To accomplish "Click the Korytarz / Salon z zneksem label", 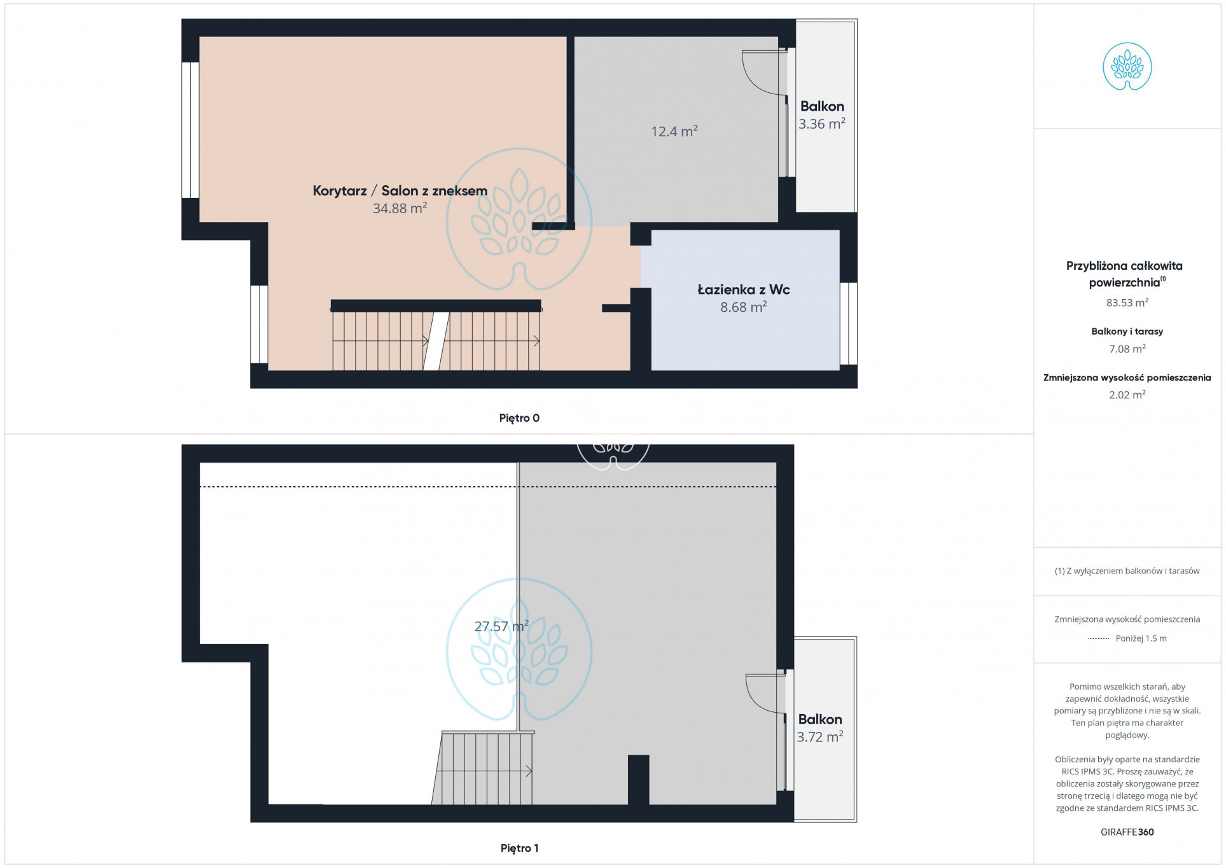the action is (x=400, y=191).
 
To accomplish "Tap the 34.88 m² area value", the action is (x=400, y=208).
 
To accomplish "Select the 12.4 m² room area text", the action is (x=674, y=131).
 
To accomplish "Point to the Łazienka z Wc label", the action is (x=744, y=290).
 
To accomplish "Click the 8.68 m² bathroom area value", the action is (x=744, y=307).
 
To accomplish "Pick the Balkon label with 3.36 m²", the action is (x=822, y=106).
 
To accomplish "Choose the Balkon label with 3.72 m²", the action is (x=820, y=719).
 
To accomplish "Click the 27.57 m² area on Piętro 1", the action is (x=501, y=626).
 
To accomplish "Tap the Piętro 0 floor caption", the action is (x=519, y=418).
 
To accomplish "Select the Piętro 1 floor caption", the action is (x=519, y=848).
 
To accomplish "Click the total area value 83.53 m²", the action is (x=1127, y=302).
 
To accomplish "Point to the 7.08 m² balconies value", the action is (x=1127, y=349).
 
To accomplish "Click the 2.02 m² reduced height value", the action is (x=1127, y=395).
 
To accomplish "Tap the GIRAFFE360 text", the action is (x=1127, y=832).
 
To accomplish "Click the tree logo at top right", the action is (x=1127, y=66).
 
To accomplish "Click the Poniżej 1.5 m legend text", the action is (x=1141, y=638).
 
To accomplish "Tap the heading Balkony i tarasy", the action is (x=1127, y=331).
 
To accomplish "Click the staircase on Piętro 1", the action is (x=484, y=768).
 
